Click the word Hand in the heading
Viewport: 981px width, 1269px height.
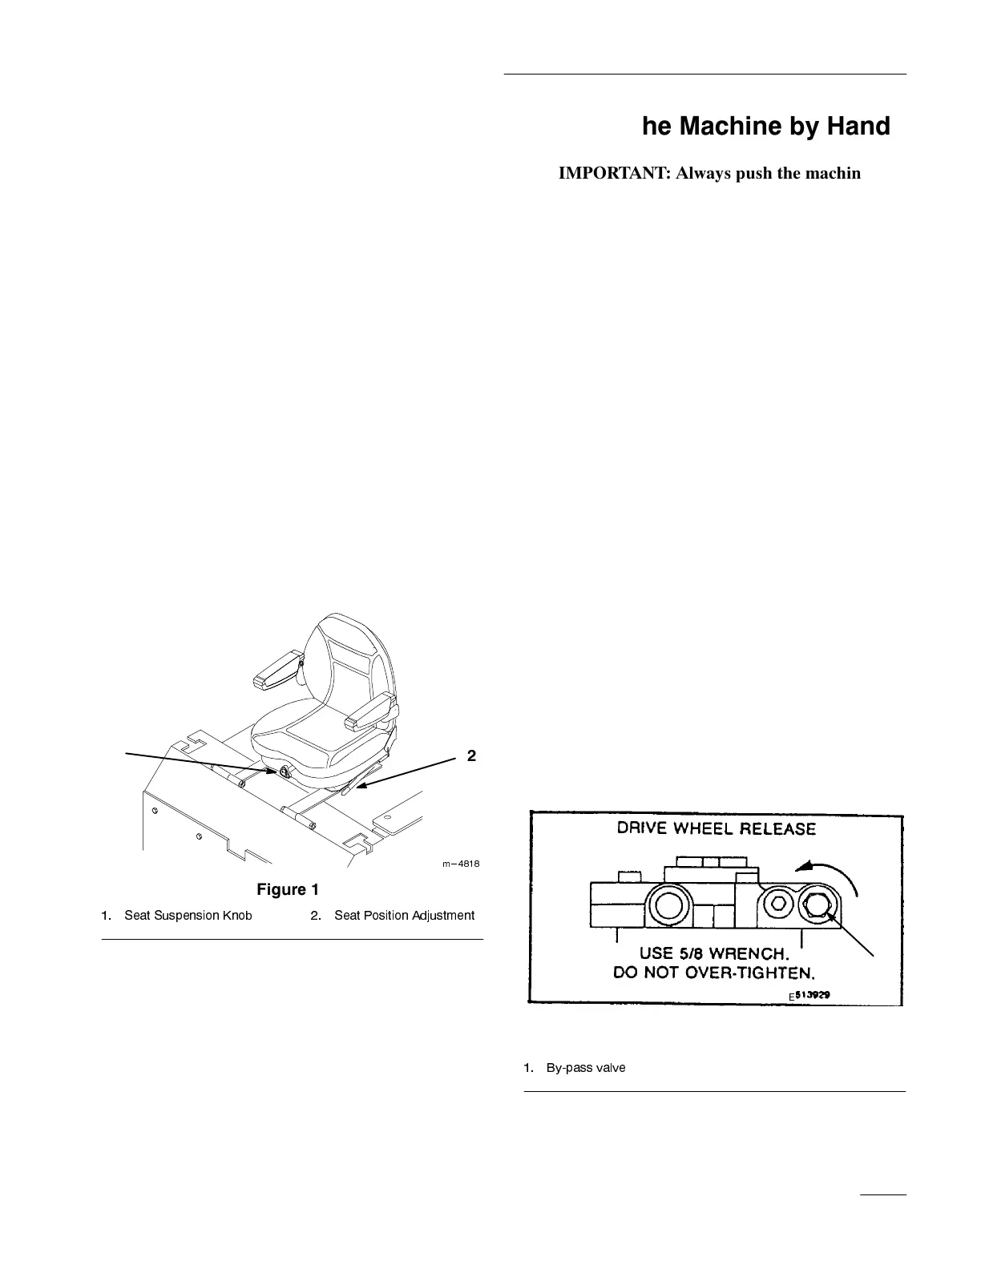[x=856, y=127]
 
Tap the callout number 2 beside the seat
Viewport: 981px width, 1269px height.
[x=471, y=755]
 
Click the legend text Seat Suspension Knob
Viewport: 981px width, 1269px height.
[x=188, y=915]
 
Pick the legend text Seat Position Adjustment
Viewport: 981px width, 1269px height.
[x=404, y=915]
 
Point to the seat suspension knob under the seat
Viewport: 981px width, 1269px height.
[x=284, y=771]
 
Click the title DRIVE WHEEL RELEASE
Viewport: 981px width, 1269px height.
[x=716, y=828]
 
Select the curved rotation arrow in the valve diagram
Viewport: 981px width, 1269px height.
[x=832, y=871]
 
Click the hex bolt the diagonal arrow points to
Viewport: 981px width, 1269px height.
[x=817, y=906]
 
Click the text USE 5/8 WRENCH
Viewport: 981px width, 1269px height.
[x=715, y=954]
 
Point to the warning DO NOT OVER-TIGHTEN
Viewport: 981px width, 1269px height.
[x=713, y=973]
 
